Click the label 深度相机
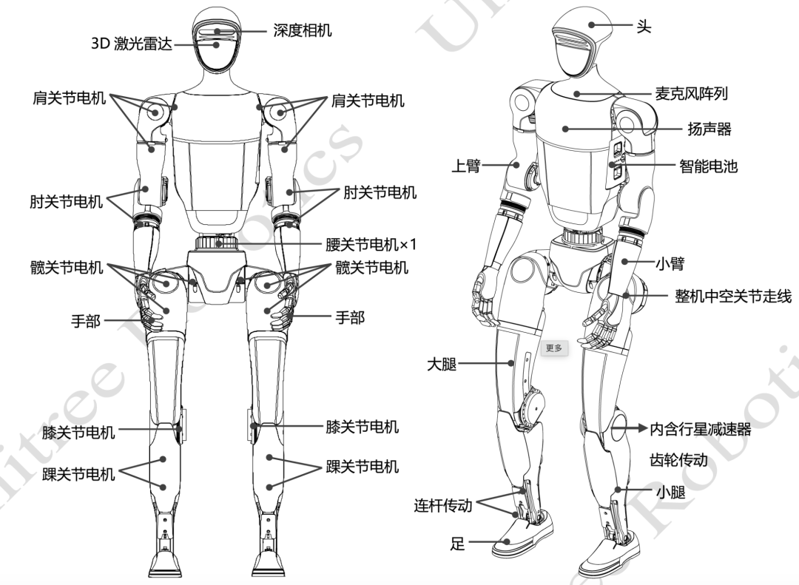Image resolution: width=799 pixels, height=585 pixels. coord(302,30)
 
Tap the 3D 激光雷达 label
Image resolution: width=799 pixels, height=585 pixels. coord(132,44)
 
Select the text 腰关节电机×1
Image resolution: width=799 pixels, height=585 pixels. coord(371,245)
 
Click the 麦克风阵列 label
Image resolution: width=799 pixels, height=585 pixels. coord(691,94)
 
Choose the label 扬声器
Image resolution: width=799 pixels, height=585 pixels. coord(709,129)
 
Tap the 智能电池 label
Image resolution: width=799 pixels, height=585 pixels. coord(708,166)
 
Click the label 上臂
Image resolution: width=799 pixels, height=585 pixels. coord(466,165)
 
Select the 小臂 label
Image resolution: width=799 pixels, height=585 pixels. coord(670,263)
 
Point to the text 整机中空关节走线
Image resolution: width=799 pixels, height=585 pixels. coord(733,296)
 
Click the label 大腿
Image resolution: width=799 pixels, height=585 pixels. coord(441,364)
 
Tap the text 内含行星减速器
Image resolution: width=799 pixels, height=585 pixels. coord(701,429)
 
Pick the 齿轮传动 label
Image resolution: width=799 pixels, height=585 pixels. coord(678,460)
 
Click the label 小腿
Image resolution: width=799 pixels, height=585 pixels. coord(670,492)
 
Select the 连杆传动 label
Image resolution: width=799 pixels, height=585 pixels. coord(443,505)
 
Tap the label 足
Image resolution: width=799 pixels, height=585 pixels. coord(458,543)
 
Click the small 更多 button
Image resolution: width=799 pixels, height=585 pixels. coord(554,348)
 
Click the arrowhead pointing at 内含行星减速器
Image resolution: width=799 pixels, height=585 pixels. coord(643,428)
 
